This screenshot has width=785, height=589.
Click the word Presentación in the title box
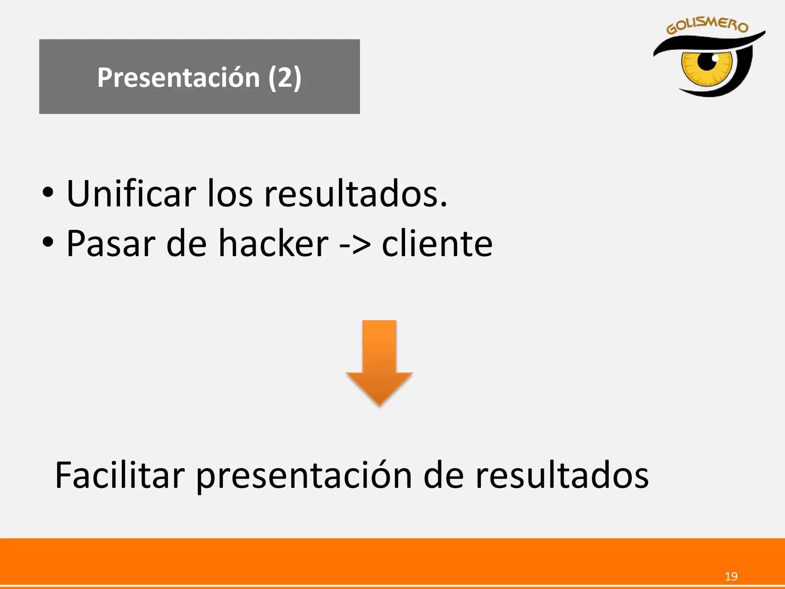178,77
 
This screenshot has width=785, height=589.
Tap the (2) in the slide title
285,77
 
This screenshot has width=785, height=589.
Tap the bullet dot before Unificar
48,192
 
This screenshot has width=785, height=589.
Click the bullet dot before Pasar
48,242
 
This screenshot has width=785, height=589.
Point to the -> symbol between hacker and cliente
355,245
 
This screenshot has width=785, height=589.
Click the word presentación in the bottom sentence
304,476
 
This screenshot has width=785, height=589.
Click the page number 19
731,576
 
